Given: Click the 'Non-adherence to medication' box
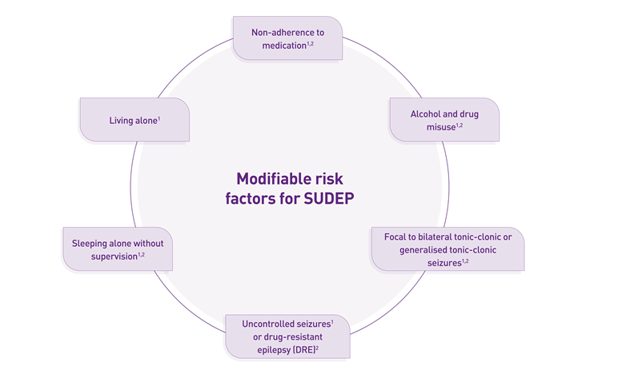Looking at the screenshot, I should (288, 38).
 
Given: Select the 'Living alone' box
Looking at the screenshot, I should (134, 120).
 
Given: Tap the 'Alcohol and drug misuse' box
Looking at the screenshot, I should (444, 120).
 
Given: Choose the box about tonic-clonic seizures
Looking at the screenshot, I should (448, 249).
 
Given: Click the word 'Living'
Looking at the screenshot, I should (122, 121).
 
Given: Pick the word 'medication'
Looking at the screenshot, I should (284, 46).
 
